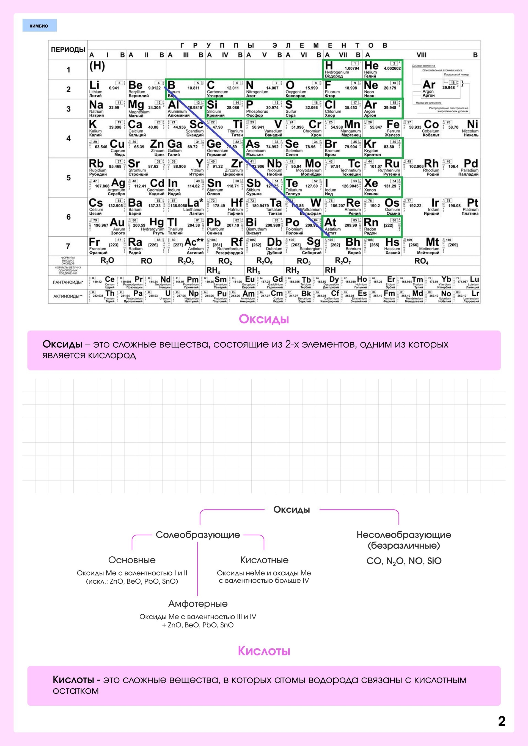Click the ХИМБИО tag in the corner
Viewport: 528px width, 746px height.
click(x=39, y=26)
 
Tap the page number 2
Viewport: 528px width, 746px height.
click(x=501, y=721)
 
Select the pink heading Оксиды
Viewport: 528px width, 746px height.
click(x=264, y=319)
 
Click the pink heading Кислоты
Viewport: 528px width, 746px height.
click(x=264, y=651)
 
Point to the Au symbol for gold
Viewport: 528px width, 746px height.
click(x=117, y=223)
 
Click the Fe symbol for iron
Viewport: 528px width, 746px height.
click(x=393, y=124)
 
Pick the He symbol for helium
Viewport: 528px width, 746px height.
click(x=371, y=66)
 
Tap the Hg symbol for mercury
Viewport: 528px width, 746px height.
click(x=156, y=223)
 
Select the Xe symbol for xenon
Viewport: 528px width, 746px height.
click(x=371, y=183)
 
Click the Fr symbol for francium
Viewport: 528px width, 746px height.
click(x=94, y=242)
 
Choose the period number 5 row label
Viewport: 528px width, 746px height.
click(x=68, y=178)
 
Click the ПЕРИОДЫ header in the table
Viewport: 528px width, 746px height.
click(x=68, y=50)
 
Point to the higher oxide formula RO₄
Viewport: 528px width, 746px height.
click(x=421, y=261)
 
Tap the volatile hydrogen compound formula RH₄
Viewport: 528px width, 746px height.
click(x=213, y=270)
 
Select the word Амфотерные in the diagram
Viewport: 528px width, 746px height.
click(x=198, y=604)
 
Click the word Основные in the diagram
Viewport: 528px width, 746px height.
click(x=132, y=560)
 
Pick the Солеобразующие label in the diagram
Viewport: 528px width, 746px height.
click(x=198, y=534)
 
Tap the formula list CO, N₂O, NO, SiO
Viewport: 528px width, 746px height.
click(x=404, y=561)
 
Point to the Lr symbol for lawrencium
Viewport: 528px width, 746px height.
click(x=475, y=293)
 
